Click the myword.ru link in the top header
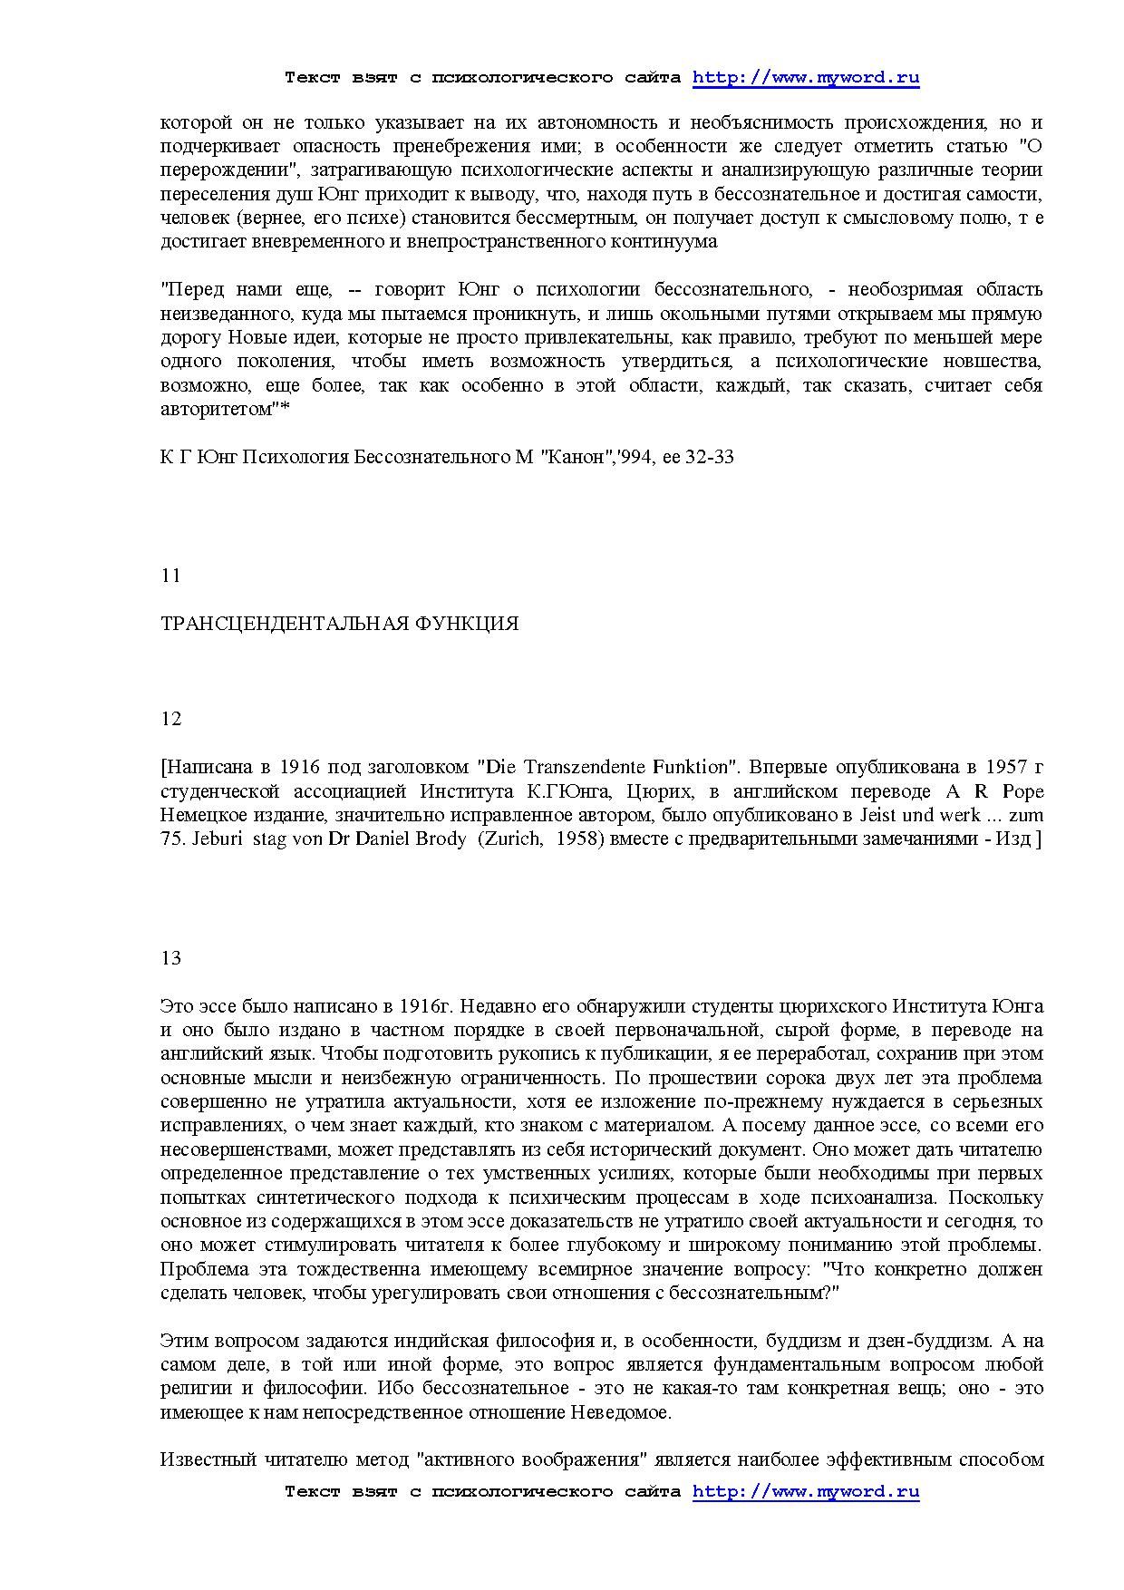click(806, 77)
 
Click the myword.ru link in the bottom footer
click(806, 1491)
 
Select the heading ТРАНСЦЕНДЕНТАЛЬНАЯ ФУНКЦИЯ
click(339, 624)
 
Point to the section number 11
click(170, 576)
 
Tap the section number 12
click(170, 719)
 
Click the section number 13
click(170, 958)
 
